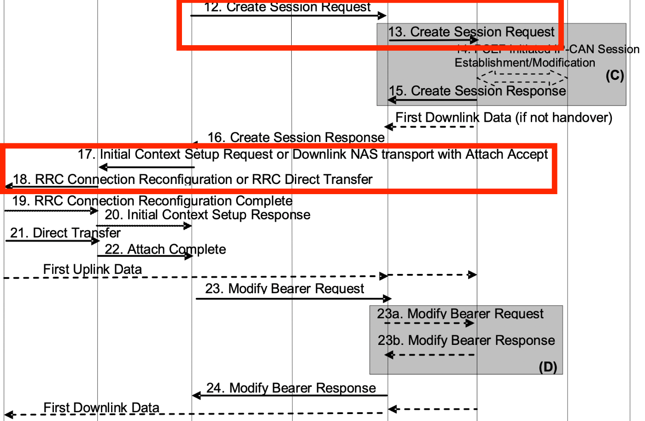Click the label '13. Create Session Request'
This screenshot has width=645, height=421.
point(471,32)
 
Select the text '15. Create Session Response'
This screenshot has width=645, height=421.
point(477,91)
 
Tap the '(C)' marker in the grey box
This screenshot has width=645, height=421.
point(615,75)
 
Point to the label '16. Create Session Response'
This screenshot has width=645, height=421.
point(296,137)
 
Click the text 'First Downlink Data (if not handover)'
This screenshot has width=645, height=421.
point(504,118)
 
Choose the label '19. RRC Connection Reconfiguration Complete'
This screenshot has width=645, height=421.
point(152,201)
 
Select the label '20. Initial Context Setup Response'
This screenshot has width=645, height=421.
point(207,215)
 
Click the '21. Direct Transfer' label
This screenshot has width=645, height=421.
point(65,233)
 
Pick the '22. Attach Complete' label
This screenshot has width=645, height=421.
point(165,249)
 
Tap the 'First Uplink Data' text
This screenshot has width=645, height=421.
point(92,269)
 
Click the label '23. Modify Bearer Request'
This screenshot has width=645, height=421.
point(284,289)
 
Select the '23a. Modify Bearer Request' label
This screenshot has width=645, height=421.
point(460,314)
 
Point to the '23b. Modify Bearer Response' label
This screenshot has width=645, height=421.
point(466,340)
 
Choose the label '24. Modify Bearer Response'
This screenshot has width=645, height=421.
point(291,388)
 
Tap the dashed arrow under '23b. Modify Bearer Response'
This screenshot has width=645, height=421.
point(430,355)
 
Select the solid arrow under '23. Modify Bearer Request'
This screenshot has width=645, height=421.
point(293,299)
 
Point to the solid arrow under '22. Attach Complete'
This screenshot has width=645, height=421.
point(145,256)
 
